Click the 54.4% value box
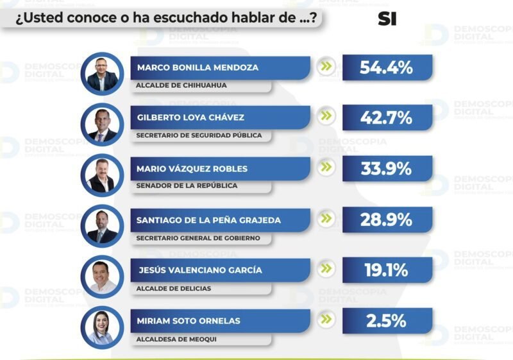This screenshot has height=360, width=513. pos(387,67)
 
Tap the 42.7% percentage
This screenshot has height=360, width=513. pos(387,118)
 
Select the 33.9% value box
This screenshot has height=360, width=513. pos(387,169)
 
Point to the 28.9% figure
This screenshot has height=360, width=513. pos(387,219)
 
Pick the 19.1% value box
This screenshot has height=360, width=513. pos(387,270)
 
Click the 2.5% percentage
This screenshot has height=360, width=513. pos(387,321)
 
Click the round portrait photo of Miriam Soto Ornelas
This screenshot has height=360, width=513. pos(102,327)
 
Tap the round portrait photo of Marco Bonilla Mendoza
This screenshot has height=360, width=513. pos(102,73)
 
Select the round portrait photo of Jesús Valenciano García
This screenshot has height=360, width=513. pos(102,277)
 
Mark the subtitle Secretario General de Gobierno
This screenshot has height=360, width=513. pos(198,237)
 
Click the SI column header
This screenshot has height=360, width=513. pos(387,19)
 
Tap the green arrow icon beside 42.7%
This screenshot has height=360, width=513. pos(328,116)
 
